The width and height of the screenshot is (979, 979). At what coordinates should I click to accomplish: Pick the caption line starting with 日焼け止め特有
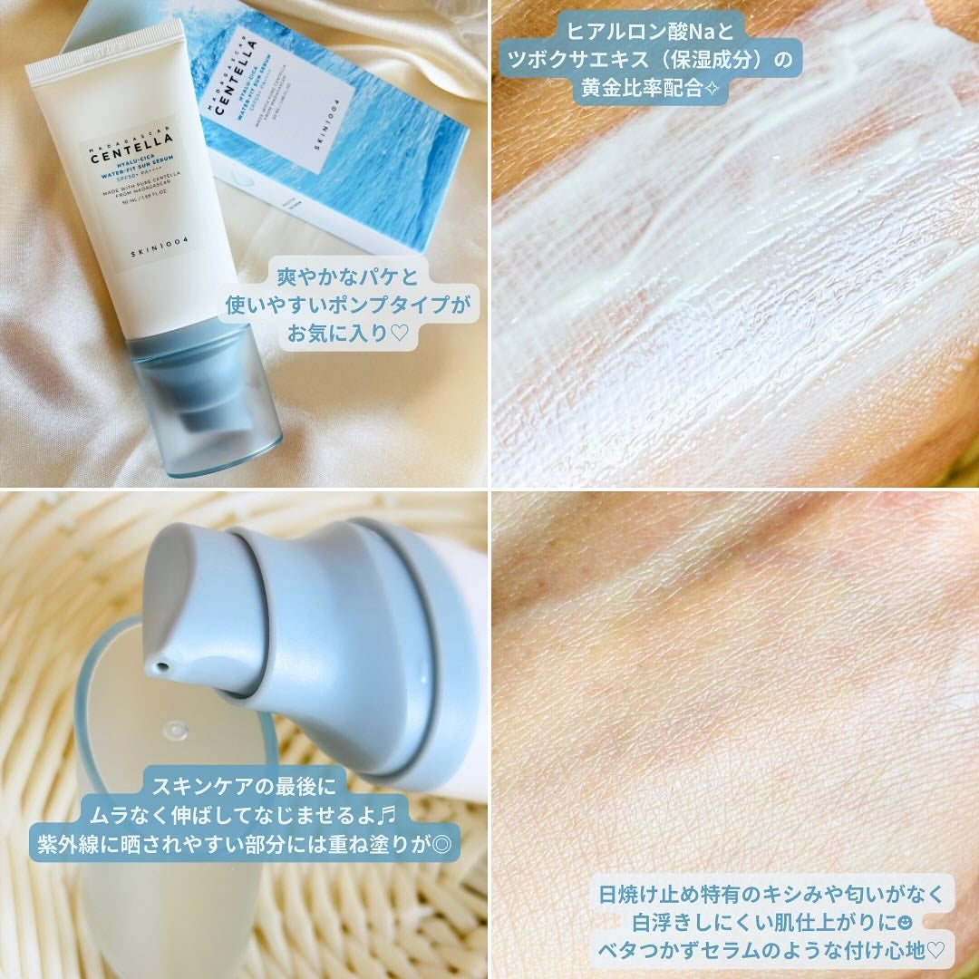coord(771,894)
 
